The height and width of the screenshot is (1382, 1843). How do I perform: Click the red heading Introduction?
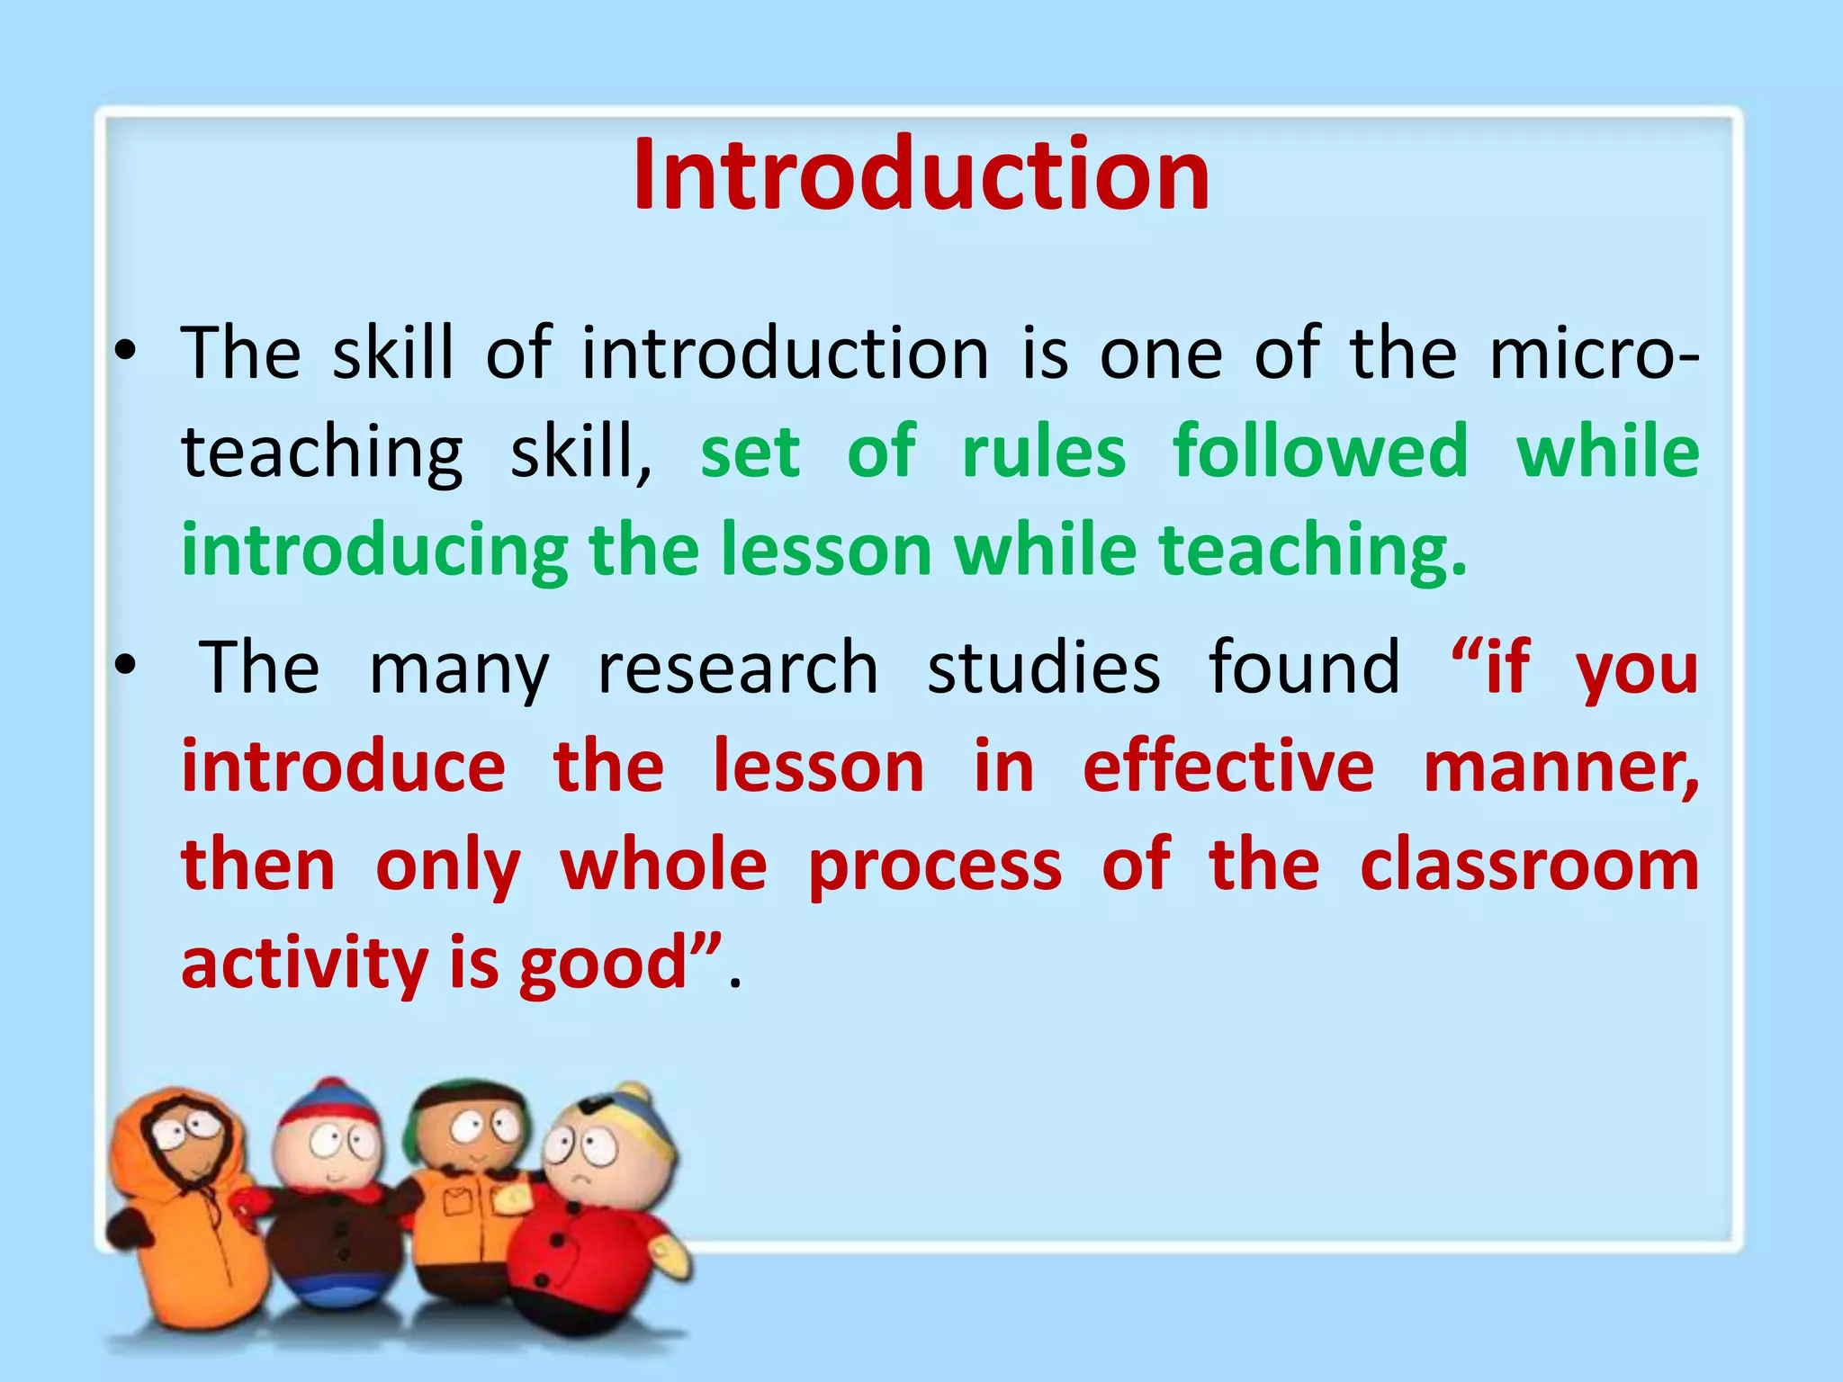pyautogui.click(x=921, y=175)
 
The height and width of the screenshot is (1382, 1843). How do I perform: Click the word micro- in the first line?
pyautogui.click(x=1594, y=353)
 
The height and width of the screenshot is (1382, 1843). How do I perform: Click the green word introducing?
pyautogui.click(x=374, y=551)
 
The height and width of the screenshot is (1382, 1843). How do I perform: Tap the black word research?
pyautogui.click(x=738, y=668)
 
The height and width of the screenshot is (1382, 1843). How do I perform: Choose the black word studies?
pyautogui.click(x=1044, y=668)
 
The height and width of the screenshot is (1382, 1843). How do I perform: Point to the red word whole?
pyautogui.click(x=663, y=865)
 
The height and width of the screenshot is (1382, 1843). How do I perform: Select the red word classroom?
pyautogui.click(x=1529, y=865)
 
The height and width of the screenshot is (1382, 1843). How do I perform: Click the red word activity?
pyautogui.click(x=304, y=964)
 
